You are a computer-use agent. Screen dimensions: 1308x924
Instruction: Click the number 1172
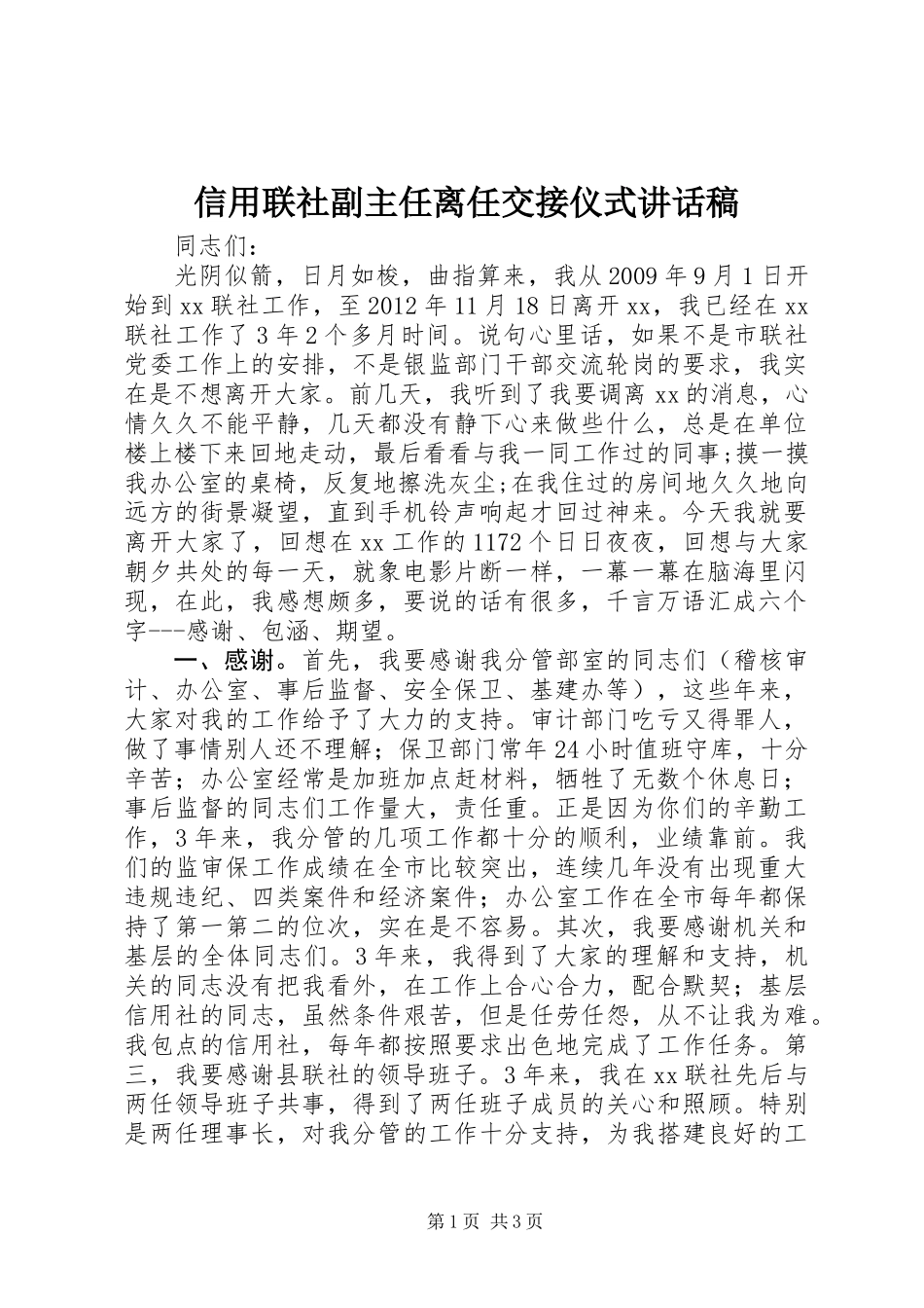pyautogui.click(x=501, y=541)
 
